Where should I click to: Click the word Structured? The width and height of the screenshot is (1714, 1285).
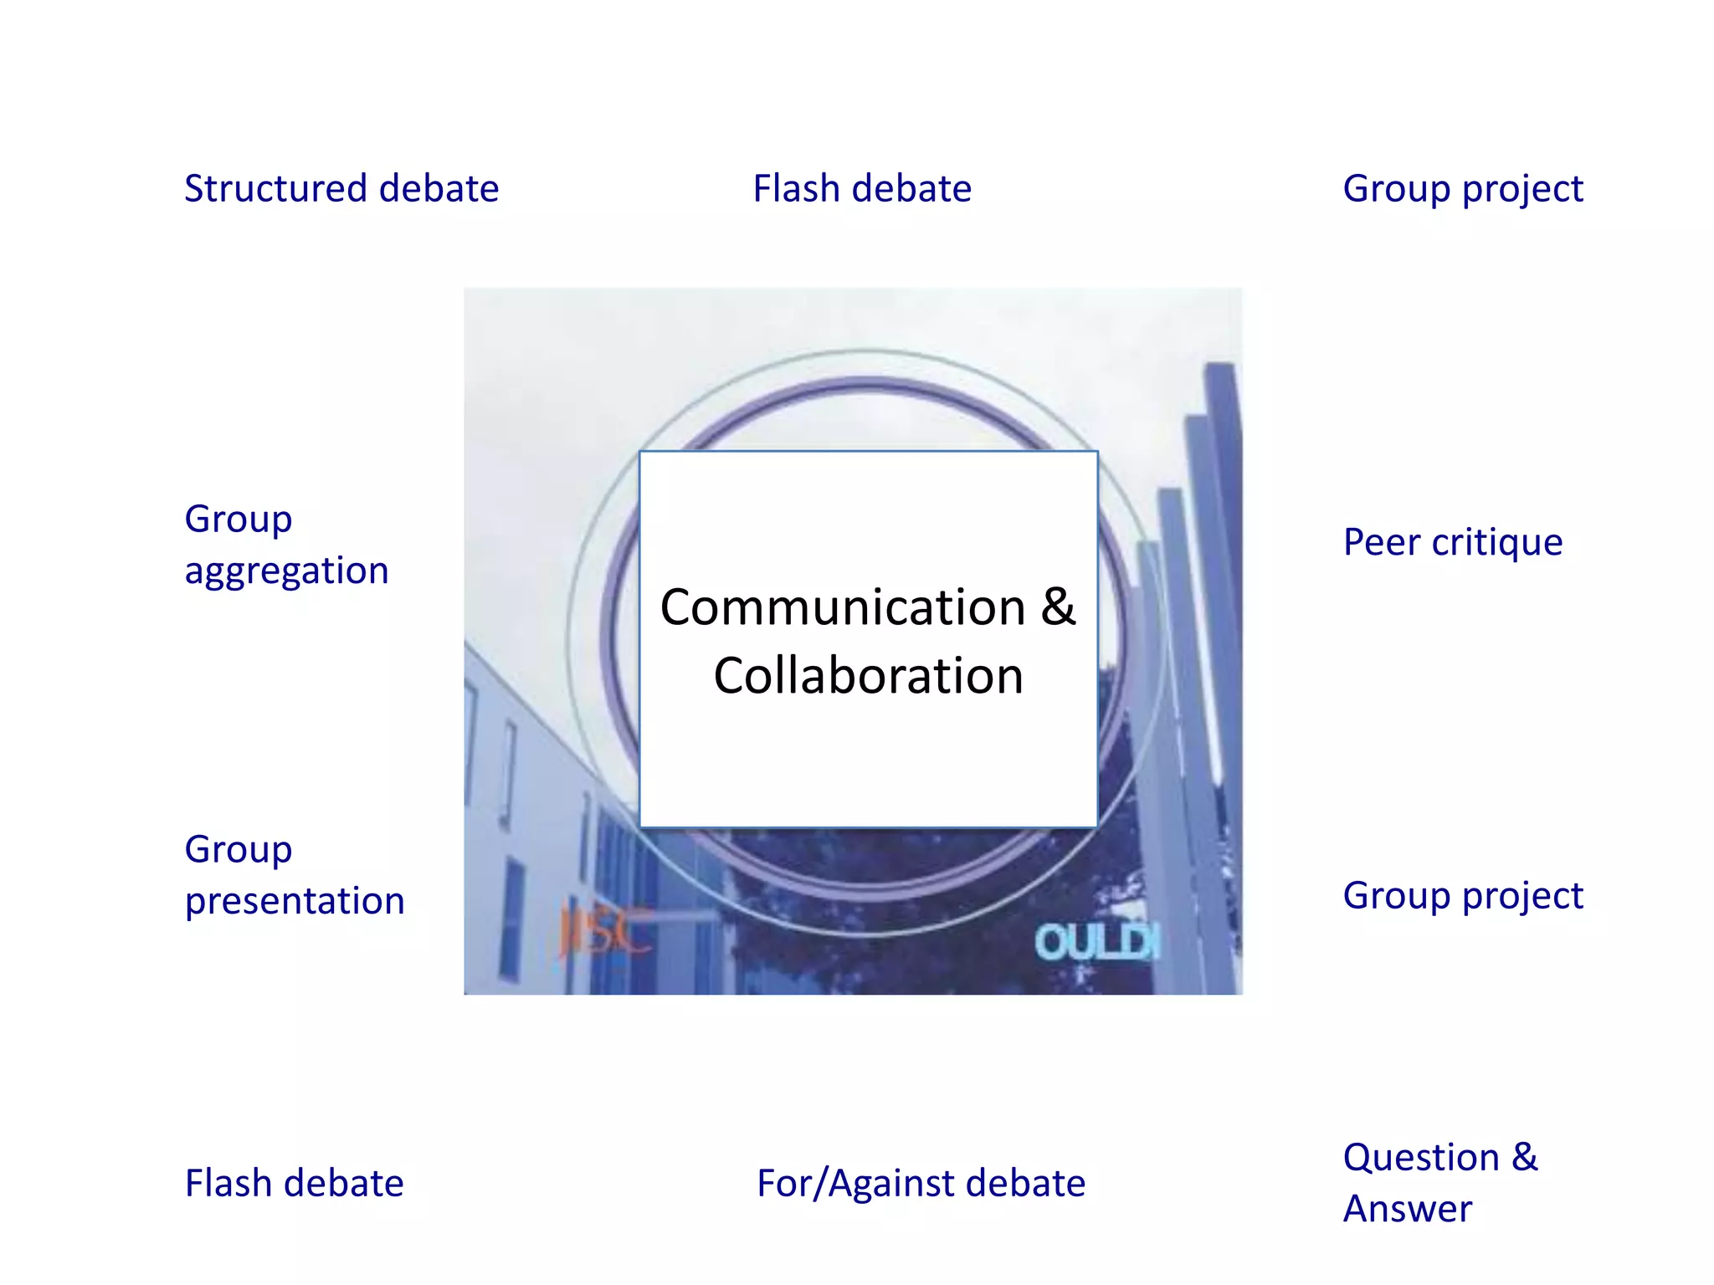(275, 188)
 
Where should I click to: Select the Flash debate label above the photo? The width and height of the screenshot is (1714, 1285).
(862, 188)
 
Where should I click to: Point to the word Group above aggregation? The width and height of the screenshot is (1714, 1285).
(239, 520)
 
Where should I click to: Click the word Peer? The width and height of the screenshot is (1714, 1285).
(1382, 542)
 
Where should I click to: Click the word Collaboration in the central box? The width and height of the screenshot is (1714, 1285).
(869, 676)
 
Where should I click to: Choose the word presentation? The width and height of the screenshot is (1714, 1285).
(295, 902)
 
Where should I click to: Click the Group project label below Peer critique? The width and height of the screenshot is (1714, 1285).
(1462, 897)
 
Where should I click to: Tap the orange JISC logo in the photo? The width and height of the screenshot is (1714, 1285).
(604, 930)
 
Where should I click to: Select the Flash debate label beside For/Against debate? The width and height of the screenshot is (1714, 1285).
(294, 1184)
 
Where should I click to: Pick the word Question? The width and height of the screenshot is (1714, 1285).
(1421, 1158)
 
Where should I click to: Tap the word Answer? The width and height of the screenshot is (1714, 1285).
(1407, 1210)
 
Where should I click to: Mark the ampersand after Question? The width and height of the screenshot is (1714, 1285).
(1524, 1158)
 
